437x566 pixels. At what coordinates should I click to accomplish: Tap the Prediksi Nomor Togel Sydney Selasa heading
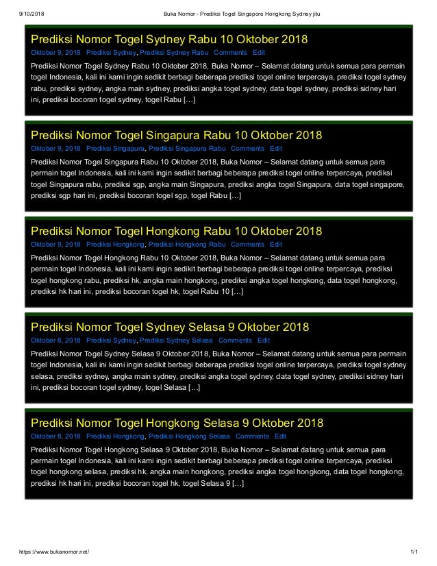point(171,326)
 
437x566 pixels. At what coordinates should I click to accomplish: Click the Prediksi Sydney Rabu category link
point(174,52)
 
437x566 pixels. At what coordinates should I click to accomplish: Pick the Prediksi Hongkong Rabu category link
point(187,244)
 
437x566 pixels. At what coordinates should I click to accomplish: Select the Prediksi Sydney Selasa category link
point(175,340)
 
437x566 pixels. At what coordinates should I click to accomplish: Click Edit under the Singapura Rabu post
point(276,148)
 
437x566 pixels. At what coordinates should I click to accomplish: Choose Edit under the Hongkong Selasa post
point(280,436)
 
